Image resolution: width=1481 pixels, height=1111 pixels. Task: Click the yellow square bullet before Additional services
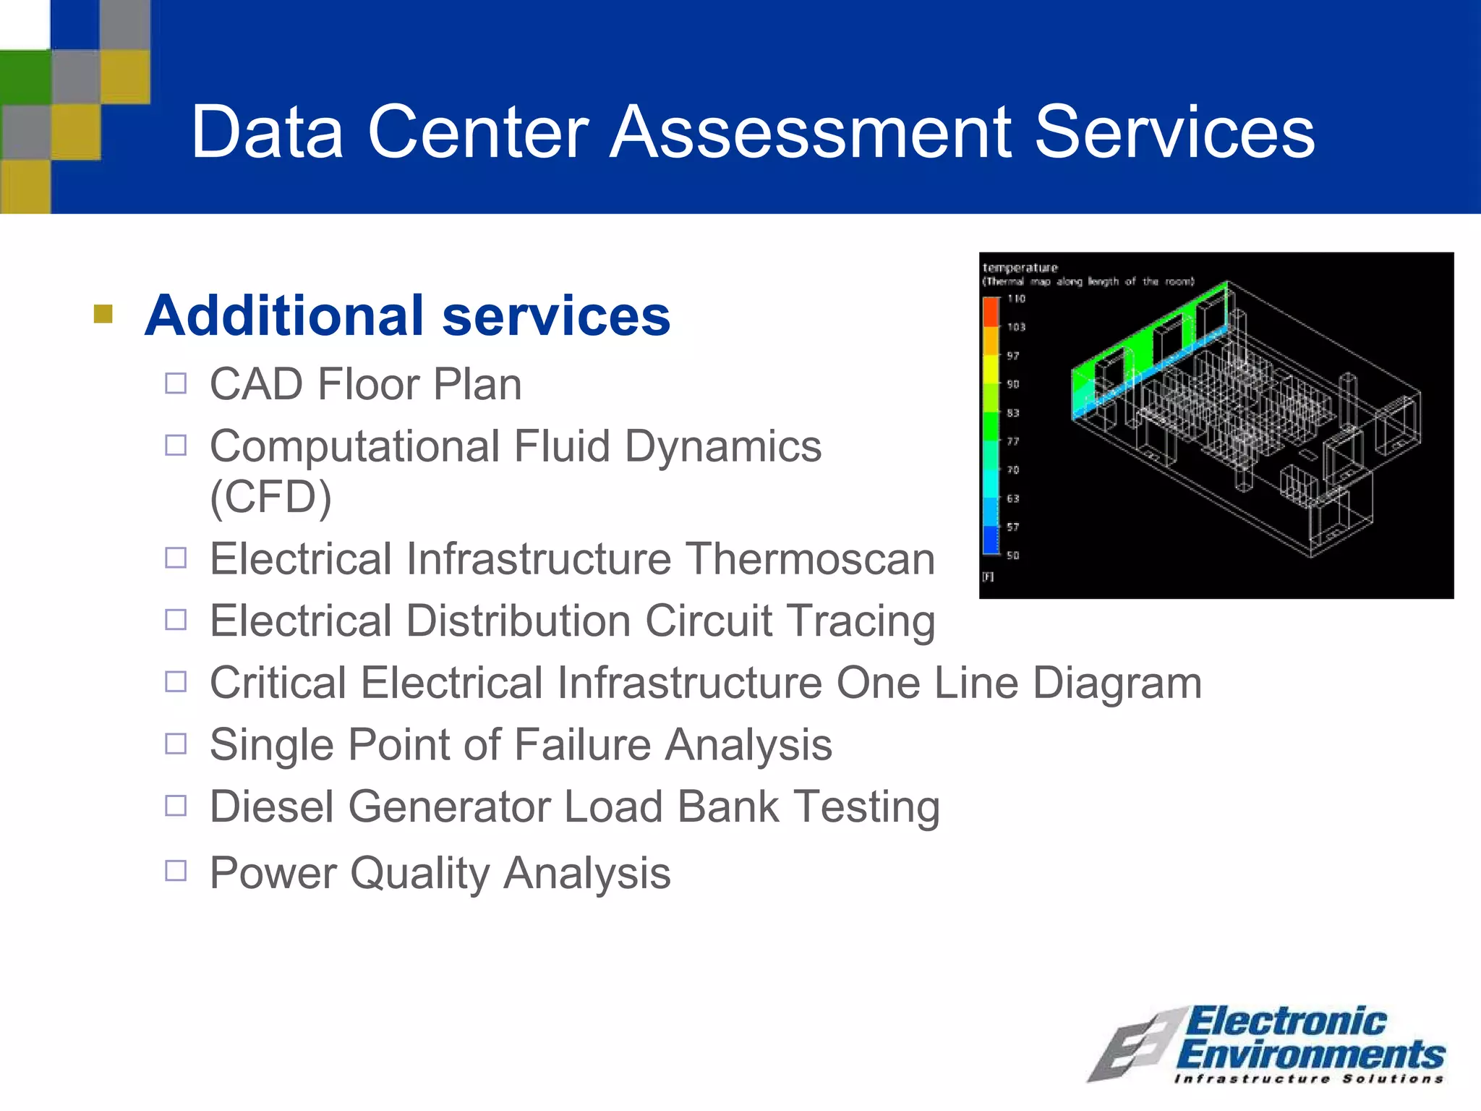pyautogui.click(x=103, y=314)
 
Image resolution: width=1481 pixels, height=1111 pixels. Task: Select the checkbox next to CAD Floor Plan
pyautogui.click(x=176, y=383)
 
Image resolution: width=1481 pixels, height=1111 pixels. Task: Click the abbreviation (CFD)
pyautogui.click(x=270, y=497)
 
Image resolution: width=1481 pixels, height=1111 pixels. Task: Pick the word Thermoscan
pyautogui.click(x=809, y=559)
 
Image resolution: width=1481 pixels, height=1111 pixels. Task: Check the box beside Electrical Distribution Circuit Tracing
pyautogui.click(x=176, y=620)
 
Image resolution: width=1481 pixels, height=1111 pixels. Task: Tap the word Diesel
pyautogui.click(x=272, y=806)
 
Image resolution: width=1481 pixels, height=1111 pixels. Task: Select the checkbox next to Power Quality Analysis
pyautogui.click(x=176, y=870)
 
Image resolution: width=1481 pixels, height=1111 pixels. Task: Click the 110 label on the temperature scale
pyautogui.click(x=1016, y=299)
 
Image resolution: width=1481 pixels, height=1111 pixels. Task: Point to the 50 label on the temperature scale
pyautogui.click(x=1012, y=555)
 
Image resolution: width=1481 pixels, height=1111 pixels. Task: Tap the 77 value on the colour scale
pyautogui.click(x=1012, y=441)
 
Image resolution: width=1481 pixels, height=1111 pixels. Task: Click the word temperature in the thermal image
pyautogui.click(x=1020, y=268)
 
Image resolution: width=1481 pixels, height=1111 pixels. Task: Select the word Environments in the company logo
pyautogui.click(x=1310, y=1055)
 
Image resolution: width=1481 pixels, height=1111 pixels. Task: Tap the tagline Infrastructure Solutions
pyautogui.click(x=1309, y=1079)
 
